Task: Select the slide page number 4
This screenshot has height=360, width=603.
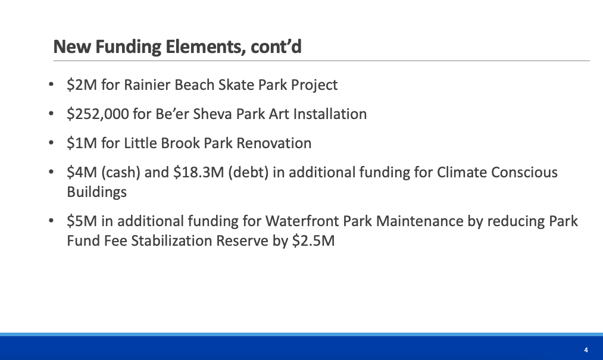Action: tap(586, 350)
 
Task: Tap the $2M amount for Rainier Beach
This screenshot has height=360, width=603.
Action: tap(82, 84)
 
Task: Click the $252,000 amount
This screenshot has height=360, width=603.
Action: tap(98, 114)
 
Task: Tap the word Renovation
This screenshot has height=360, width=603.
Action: tap(274, 143)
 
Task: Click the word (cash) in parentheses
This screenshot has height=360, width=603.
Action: tap(121, 173)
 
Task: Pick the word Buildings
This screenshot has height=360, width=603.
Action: tap(97, 192)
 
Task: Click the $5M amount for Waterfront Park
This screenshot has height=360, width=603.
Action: tap(82, 221)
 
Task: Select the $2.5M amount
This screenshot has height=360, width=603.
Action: tap(314, 241)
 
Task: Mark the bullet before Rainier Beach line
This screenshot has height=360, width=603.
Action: tap(51, 84)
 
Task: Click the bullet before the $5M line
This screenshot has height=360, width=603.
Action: tap(51, 221)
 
